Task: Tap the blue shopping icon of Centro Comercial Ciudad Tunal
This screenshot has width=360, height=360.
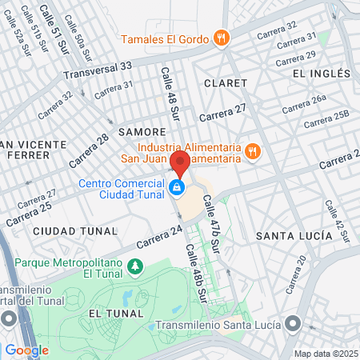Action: click(x=176, y=188)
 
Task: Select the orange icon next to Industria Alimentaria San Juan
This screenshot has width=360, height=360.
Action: click(x=252, y=151)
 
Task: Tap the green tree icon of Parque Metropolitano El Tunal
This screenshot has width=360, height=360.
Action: click(x=136, y=265)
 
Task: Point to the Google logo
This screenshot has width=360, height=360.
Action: click(x=26, y=350)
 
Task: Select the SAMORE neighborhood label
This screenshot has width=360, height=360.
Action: click(x=142, y=130)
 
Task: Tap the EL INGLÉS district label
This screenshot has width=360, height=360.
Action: click(x=322, y=74)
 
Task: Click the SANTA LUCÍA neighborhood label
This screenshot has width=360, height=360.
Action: click(x=294, y=236)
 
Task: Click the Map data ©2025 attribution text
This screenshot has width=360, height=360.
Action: click(x=326, y=353)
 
